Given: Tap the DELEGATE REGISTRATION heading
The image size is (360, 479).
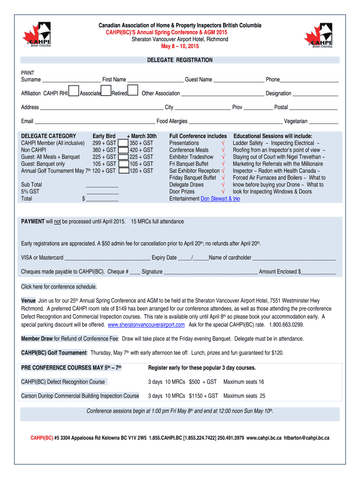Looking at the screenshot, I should (180, 60).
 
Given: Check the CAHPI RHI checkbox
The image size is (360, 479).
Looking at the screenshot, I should (73, 90).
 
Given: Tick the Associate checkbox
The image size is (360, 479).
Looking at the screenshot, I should (106, 90).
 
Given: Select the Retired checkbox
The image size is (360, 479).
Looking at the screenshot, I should (133, 90).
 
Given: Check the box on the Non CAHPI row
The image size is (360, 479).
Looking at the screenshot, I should (123, 150).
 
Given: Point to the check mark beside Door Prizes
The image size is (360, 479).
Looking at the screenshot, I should (223, 192).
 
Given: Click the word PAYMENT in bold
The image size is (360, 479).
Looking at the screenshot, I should (33, 221).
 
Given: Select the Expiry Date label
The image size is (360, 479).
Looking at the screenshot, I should (164, 258).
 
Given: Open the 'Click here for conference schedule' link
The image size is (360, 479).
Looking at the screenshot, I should (59, 287).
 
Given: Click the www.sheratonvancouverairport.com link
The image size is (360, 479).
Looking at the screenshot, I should (146, 325).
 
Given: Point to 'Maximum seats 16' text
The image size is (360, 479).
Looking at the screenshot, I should (244, 382).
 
